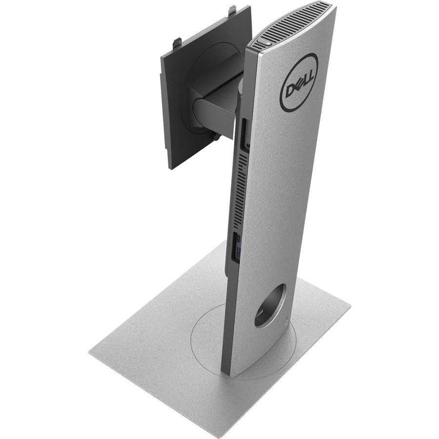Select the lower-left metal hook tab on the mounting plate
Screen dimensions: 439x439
pyautogui.click(x=177, y=43)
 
